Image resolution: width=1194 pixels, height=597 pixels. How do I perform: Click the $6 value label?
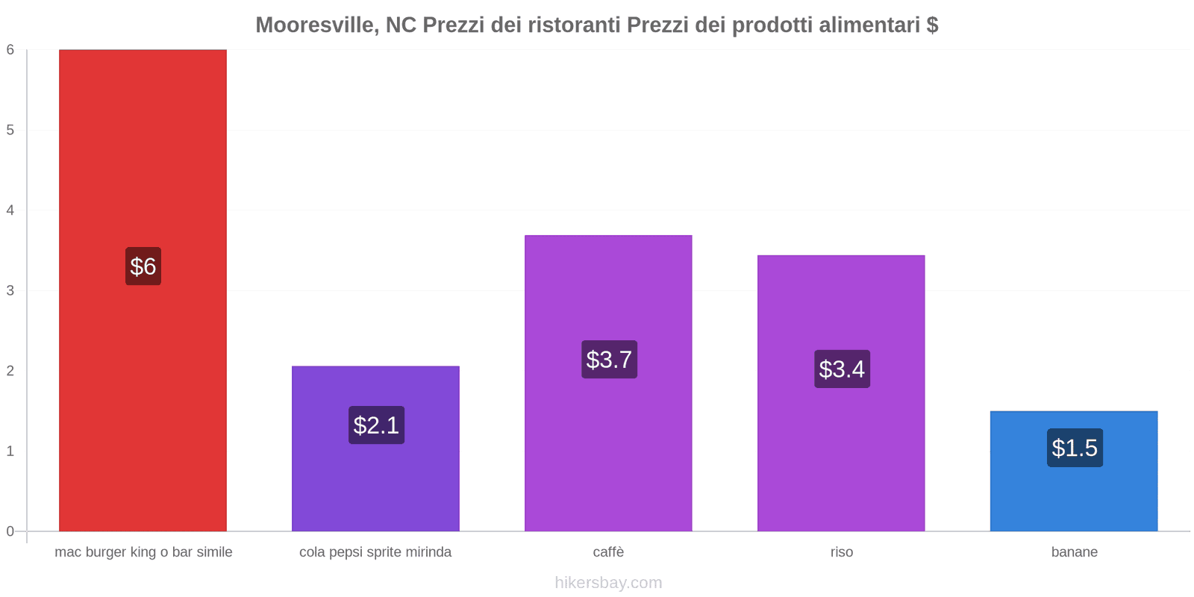(143, 266)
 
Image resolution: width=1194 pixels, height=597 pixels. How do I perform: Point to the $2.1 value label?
(376, 425)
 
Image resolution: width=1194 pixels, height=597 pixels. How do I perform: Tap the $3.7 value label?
(609, 360)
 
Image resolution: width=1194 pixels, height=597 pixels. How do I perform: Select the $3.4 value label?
(842, 369)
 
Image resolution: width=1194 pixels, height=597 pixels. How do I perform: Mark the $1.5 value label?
(1075, 448)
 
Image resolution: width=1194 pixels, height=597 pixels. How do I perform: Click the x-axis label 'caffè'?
(608, 552)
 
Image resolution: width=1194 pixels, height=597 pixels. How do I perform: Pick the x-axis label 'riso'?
(841, 552)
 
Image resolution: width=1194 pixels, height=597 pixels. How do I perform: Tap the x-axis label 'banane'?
(1074, 552)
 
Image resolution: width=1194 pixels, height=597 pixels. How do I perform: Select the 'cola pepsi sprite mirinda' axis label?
(375, 552)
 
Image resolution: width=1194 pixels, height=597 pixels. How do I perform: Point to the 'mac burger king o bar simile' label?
(143, 552)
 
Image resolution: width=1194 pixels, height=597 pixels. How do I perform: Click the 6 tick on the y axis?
(10, 50)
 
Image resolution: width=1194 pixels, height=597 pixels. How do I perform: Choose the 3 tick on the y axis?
(10, 290)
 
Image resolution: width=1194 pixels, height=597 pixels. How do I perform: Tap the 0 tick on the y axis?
(10, 531)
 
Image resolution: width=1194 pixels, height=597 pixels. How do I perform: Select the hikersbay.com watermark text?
(608, 583)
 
